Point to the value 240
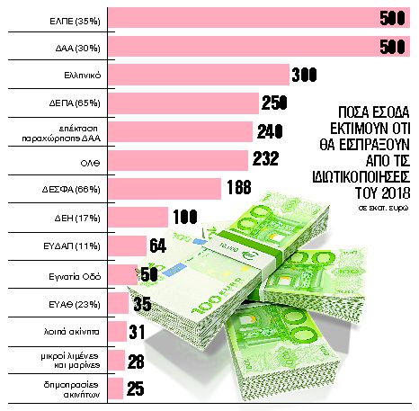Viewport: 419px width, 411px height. click(271, 132)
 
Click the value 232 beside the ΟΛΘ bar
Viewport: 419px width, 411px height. click(266, 160)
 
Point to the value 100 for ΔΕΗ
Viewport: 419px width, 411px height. click(186, 217)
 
